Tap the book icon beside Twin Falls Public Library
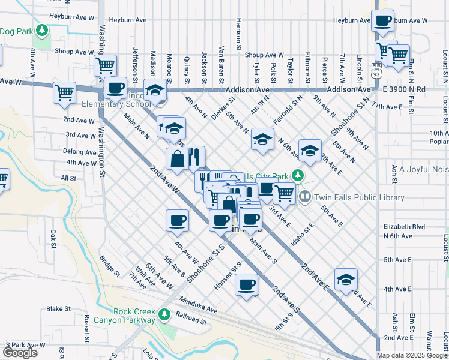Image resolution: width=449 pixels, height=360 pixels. (x=305, y=196)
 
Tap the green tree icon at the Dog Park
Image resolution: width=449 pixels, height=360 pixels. (x=41, y=29)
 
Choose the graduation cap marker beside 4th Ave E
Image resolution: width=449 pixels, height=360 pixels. (x=346, y=279)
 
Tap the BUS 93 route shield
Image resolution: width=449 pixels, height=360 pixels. (x=376, y=70)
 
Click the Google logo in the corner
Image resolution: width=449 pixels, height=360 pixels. (x=20, y=353)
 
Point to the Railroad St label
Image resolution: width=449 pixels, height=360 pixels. (x=191, y=322)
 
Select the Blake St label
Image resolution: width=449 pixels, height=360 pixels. (x=59, y=309)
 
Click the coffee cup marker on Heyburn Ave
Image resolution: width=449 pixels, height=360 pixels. (x=382, y=21)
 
